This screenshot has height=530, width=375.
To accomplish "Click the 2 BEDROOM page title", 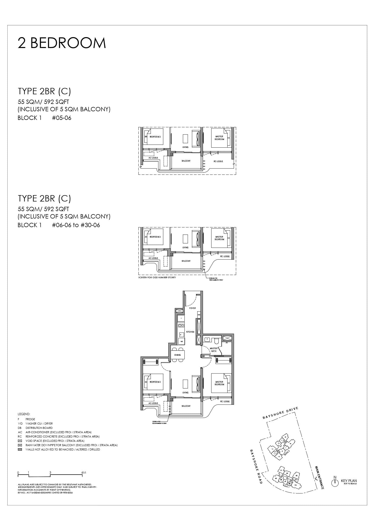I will click(x=62, y=43).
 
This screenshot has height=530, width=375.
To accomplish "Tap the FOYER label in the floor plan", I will click(x=193, y=308).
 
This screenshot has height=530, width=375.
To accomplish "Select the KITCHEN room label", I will click(x=190, y=332).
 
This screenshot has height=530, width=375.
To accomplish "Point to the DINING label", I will click(x=177, y=355).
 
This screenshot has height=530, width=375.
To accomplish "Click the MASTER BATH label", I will click(x=214, y=350).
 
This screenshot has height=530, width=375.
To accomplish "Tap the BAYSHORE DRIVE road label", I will click(x=280, y=413).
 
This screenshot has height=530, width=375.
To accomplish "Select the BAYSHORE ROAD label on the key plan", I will click(x=256, y=466).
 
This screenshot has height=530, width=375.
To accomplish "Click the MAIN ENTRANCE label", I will click(x=319, y=477).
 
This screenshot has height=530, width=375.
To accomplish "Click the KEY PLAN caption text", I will click(x=349, y=481).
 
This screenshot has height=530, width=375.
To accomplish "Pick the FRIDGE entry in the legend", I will click(x=30, y=419).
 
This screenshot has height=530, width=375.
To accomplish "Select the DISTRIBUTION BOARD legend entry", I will click(x=39, y=428).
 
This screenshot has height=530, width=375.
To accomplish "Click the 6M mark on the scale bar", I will click(x=84, y=473).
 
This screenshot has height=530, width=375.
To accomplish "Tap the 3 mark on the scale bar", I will click(x=50, y=473).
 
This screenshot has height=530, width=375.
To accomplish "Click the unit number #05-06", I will click(x=61, y=118).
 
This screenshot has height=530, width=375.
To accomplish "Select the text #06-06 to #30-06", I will click(x=76, y=225).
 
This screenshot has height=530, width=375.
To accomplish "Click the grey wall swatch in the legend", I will click(x=20, y=449).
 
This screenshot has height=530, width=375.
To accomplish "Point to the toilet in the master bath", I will click(x=217, y=340).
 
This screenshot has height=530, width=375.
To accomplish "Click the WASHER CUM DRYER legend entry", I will click(x=39, y=424).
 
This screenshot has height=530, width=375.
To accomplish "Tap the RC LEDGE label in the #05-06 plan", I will click(x=218, y=161).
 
